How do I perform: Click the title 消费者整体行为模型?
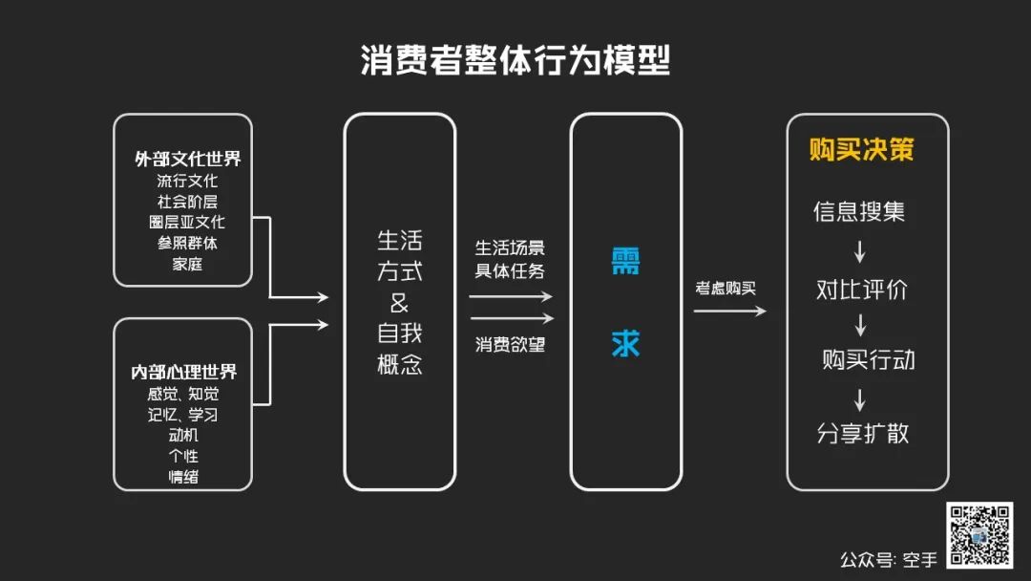point(515,59)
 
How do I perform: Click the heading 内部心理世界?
point(183,372)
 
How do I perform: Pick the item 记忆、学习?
point(183,415)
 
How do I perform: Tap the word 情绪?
point(183,476)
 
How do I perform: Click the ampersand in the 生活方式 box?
point(399,303)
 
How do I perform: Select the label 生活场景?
point(511,247)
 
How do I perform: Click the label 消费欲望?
point(511,344)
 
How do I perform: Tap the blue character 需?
point(625,262)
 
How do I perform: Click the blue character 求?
point(625,344)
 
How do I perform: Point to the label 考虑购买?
point(726,287)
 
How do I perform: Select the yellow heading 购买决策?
point(861,150)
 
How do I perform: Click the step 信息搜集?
point(859,211)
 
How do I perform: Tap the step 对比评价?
point(861,290)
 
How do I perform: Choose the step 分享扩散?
point(863,433)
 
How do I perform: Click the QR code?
point(978,535)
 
